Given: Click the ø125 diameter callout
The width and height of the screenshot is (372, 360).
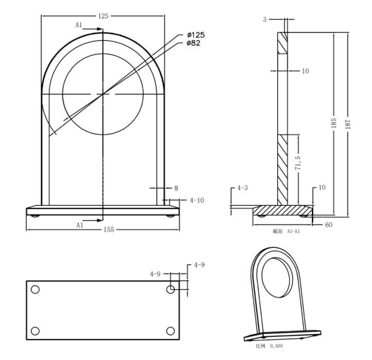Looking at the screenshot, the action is [196, 35].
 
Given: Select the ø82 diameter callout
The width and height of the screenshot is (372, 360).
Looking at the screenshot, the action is [193, 43].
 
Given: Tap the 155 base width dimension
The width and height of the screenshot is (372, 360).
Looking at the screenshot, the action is [109, 229].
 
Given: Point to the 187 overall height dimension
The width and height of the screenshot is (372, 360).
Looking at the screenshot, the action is [348, 124].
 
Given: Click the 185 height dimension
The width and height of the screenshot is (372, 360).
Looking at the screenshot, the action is [333, 123].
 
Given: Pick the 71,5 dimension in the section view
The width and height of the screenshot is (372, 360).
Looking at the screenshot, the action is [298, 163].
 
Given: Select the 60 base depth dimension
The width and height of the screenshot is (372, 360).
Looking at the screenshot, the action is [329, 225].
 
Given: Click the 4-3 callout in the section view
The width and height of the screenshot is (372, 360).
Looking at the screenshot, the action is [242, 188].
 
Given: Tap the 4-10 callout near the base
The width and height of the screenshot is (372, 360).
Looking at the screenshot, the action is [197, 201].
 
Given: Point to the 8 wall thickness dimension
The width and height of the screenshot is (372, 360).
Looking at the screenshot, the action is [176, 188].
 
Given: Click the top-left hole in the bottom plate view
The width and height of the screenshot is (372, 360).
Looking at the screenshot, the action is [35, 290].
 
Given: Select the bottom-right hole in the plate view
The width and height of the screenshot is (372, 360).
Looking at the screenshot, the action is [171, 331].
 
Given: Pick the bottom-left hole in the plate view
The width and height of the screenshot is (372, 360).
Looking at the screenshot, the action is [35, 331].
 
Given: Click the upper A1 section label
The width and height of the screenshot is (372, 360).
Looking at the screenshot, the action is [79, 25].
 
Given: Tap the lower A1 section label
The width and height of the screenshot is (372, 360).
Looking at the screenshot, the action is [80, 225].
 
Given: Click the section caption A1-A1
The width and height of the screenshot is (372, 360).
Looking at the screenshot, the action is [293, 231].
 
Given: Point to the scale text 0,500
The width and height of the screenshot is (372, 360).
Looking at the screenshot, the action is [276, 346].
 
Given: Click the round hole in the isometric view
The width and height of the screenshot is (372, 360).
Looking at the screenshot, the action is [277, 278].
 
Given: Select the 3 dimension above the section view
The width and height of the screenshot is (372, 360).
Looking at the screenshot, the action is [265, 20].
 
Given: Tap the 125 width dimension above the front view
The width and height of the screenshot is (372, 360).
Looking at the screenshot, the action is [103, 16].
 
